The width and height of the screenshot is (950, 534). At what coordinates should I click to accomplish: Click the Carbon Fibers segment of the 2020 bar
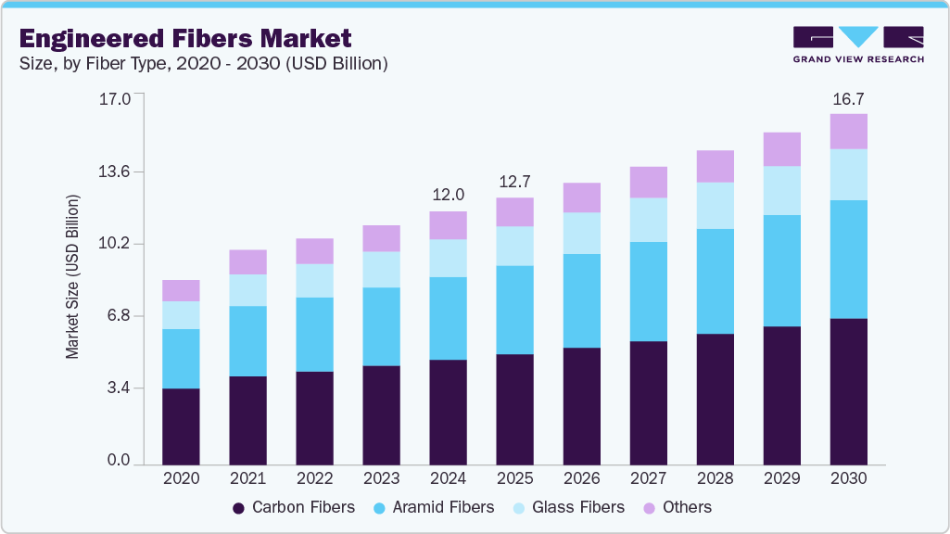tap(181, 426)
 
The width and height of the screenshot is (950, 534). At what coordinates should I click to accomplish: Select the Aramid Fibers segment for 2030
tap(848, 260)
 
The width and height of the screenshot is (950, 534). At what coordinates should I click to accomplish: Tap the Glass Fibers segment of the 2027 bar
tap(648, 220)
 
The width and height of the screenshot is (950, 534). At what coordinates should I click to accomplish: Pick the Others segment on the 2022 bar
tap(314, 251)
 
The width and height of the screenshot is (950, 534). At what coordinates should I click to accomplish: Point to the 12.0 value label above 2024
tap(449, 195)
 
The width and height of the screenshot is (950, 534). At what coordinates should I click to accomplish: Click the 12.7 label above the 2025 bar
tap(515, 181)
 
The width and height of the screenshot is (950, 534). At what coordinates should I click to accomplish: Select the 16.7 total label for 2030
tap(848, 97)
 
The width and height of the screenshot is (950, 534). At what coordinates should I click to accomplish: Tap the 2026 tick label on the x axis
tap(581, 479)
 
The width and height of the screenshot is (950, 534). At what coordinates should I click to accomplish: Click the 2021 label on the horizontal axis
tap(247, 479)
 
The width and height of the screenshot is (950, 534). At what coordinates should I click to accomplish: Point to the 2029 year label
tap(781, 479)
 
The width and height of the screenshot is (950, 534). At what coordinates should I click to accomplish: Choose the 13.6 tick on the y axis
tap(115, 172)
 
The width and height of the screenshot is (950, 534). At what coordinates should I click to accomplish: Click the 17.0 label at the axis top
tap(115, 97)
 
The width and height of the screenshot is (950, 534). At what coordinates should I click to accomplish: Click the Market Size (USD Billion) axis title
tap(72, 277)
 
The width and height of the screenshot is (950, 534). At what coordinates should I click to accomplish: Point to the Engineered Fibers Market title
tap(185, 39)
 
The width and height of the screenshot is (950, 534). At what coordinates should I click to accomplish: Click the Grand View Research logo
tap(858, 44)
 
